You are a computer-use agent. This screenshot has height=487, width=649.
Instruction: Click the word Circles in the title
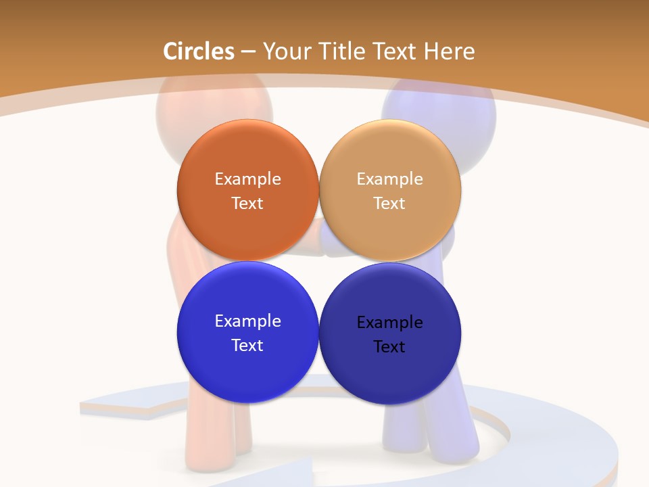198,51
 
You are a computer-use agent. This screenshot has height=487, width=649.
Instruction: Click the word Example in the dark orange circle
247,179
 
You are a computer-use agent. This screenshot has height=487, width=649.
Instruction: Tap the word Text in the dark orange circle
247,204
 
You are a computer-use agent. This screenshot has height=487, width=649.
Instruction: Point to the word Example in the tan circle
389,179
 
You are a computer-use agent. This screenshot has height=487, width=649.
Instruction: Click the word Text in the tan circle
389,204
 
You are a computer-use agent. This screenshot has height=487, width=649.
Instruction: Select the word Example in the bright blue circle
247,321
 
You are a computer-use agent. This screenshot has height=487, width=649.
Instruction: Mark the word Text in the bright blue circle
247,346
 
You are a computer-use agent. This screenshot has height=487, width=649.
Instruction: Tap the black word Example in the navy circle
389,323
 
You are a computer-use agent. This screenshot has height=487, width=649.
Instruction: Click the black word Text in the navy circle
389,347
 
